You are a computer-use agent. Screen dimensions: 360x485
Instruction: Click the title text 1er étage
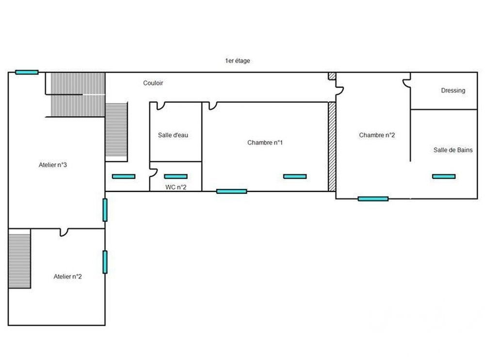(237, 61)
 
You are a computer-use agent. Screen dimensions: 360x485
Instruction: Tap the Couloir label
(153, 83)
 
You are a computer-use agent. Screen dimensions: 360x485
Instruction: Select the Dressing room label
(453, 90)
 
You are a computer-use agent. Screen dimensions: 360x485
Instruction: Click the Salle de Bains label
(453, 150)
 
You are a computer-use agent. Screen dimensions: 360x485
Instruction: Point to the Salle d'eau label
(173, 135)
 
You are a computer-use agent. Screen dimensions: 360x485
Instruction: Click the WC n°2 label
(176, 187)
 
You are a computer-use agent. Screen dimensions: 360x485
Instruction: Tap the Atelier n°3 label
(52, 165)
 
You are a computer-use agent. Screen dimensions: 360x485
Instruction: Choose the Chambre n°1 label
(265, 142)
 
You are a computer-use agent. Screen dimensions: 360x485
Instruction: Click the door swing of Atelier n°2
(64, 232)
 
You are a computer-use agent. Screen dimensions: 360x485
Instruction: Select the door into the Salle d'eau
(160, 105)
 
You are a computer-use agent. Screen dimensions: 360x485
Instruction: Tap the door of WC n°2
(153, 172)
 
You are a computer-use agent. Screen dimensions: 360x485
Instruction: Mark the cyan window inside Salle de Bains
(444, 176)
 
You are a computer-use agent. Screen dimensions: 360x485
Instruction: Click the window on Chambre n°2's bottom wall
(373, 198)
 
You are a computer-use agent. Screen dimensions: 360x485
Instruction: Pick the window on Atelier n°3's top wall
(27, 72)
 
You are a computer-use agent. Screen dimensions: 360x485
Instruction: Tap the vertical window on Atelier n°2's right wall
(105, 262)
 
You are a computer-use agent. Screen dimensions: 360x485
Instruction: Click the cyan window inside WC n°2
(176, 176)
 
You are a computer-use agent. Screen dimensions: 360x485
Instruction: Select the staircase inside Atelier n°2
(19, 258)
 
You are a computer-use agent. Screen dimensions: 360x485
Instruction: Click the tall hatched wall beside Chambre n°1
(332, 146)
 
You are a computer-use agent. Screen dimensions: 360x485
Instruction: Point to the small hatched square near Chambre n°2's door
(332, 77)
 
